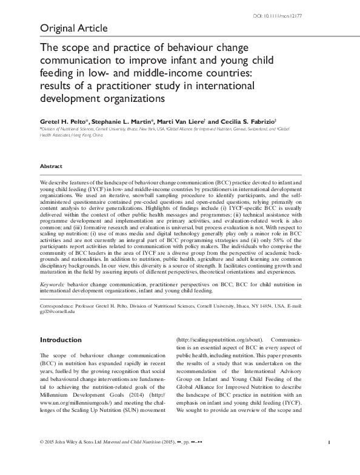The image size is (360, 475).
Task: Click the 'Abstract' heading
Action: point(51,166)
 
